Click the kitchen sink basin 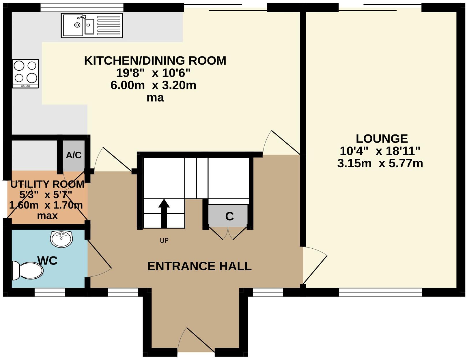[x=73, y=25]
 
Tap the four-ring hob [x=25, y=74]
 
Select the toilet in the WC [x=28, y=271]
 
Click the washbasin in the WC [x=61, y=239]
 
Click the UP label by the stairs [x=164, y=240]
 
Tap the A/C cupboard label [x=74, y=155]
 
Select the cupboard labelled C [x=229, y=216]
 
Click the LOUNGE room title [x=381, y=139]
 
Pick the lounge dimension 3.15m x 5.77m [x=380, y=164]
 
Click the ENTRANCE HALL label [x=199, y=266]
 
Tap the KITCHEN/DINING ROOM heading [x=155, y=61]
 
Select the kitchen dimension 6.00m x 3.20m [x=153, y=85]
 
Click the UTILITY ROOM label [x=47, y=184]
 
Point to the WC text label [x=47, y=260]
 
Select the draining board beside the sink [x=109, y=25]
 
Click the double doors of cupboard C [x=228, y=234]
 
